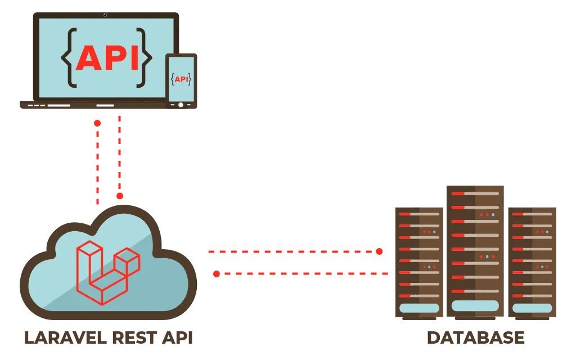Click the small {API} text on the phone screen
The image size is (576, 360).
point(181,79)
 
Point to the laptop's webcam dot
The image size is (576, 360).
point(105,14)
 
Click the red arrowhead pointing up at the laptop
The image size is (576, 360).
point(97,122)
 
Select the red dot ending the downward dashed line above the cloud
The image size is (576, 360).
point(120,196)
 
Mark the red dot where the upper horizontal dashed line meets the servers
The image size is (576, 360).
point(380,251)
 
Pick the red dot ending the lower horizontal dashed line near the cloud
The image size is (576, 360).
point(216,274)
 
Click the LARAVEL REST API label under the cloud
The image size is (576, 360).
point(108,337)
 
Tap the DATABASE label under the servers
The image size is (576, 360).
point(476,338)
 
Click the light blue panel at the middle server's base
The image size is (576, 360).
point(475,305)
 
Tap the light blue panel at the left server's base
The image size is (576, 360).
point(418,308)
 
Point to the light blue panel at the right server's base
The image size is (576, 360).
point(532,308)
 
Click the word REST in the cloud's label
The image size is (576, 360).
point(133,337)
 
